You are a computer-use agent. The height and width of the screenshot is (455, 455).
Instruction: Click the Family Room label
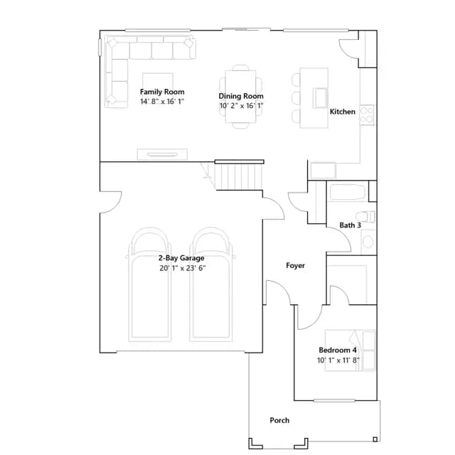pyautogui.click(x=162, y=92)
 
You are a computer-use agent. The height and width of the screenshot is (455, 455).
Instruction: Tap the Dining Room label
pyautogui.click(x=241, y=96)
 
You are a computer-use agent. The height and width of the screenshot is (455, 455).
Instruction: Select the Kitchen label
pyautogui.click(x=343, y=112)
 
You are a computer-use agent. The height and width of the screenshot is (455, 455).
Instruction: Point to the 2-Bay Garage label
pyautogui.click(x=181, y=258)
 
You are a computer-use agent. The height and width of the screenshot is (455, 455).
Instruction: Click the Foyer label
pyautogui.click(x=296, y=265)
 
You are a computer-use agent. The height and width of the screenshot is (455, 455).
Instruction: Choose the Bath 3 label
pyautogui.click(x=350, y=225)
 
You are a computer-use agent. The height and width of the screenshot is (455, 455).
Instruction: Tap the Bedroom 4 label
pyautogui.click(x=338, y=350)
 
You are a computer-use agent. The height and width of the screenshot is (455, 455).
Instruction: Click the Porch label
pyautogui.click(x=279, y=420)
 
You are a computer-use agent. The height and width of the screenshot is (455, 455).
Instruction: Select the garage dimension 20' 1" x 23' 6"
pyautogui.click(x=183, y=268)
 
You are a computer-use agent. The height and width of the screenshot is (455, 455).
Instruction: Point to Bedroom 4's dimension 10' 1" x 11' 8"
pyautogui.click(x=338, y=360)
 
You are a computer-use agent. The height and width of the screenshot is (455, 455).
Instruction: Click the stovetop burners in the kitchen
pyautogui.click(x=367, y=115)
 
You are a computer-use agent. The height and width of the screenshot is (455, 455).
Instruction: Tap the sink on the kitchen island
pyautogui.click(x=320, y=98)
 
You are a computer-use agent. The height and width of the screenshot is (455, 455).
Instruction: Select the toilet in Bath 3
pyautogui.click(x=365, y=216)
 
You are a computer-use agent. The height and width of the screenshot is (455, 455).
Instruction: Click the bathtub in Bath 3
pyautogui.click(x=348, y=192)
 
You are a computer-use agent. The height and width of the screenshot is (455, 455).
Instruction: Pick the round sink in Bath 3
pyautogui.click(x=368, y=242)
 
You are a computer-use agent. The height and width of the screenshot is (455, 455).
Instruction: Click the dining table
pyautogui.click(x=240, y=97)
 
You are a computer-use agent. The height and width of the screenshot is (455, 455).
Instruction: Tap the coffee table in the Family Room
pyautogui.click(x=158, y=82)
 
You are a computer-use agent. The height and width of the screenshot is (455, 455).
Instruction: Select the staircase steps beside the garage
pyautogui.click(x=239, y=177)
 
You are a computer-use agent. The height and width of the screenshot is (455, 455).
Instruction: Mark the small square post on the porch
pyautogui.click(x=375, y=439)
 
